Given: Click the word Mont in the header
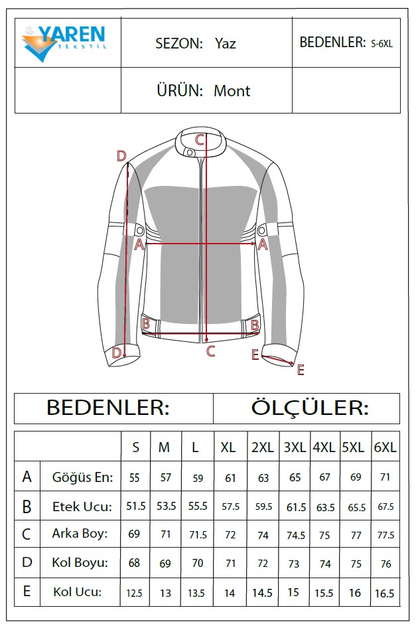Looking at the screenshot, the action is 232,91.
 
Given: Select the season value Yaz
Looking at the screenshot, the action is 226,43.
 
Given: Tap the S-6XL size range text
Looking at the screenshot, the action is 381,44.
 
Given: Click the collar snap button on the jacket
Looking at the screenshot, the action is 190,152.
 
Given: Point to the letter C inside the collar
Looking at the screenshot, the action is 200,140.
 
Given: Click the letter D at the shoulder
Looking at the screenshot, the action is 121,156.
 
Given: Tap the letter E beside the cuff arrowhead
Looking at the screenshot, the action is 301,370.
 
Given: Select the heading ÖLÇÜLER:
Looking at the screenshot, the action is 309,408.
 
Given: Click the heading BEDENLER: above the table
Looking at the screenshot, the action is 108,408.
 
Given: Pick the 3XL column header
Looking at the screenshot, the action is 295,447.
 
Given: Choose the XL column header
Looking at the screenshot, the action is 228,447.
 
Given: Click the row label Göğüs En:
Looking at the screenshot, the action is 82,477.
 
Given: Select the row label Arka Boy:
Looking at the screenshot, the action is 80,534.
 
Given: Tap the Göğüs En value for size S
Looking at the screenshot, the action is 134,477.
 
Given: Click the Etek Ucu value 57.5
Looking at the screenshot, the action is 231,507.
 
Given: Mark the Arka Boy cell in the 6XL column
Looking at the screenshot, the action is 385,535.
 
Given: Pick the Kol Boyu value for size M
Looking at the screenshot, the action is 165,564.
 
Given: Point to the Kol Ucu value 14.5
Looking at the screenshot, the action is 262,593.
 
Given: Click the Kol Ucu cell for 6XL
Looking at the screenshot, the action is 384,593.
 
